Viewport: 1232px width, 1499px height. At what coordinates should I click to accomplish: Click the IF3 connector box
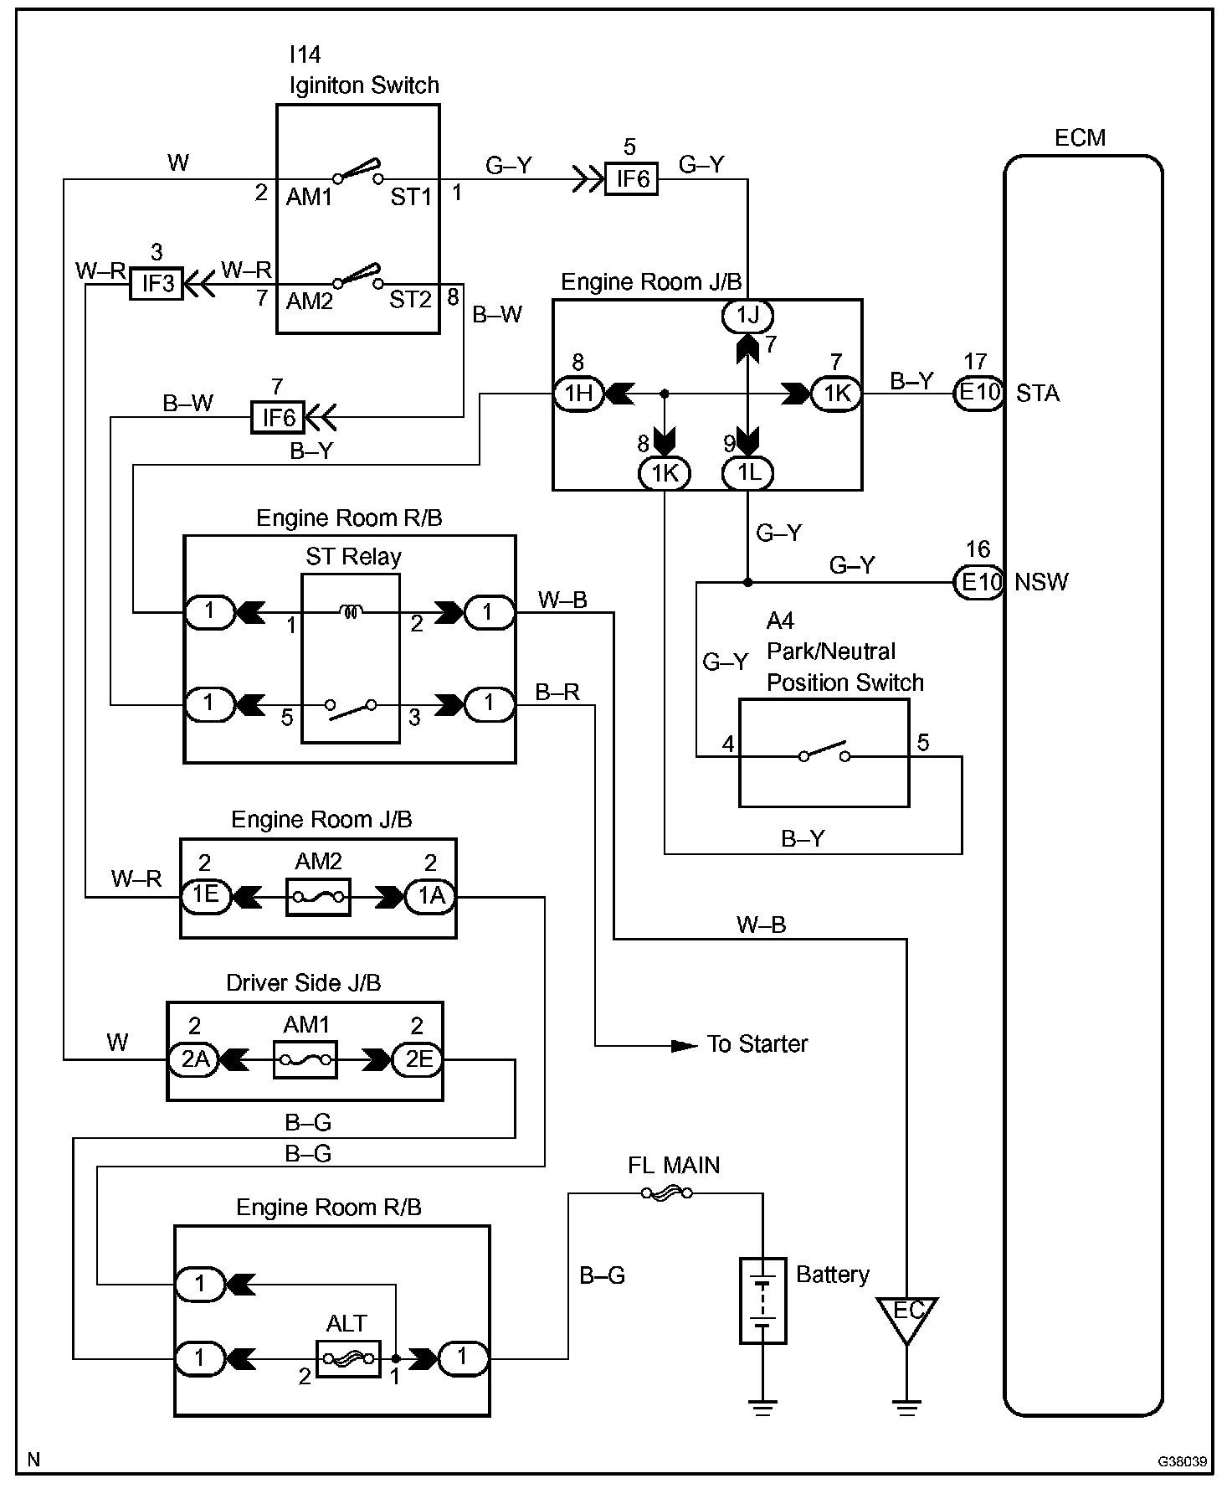157,284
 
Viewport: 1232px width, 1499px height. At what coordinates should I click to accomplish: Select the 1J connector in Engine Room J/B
747,316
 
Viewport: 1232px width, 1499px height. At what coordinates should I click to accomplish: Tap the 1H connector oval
579,393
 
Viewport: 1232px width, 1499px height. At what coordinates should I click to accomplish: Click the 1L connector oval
748,473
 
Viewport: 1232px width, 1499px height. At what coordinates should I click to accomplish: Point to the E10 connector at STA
979,393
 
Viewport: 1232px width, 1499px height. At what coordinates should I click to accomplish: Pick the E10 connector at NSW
979,582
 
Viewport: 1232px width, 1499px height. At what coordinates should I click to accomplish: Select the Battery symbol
762,1301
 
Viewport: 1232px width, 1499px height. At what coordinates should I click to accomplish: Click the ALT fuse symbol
348,1358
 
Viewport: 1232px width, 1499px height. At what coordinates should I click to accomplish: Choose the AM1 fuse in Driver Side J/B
305,1060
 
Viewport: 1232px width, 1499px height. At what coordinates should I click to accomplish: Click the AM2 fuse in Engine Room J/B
318,897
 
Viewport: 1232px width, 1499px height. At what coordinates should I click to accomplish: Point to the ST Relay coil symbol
352,612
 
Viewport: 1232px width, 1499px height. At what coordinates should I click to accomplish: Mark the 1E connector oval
206,896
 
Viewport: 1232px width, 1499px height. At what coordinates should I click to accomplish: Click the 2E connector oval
418,1060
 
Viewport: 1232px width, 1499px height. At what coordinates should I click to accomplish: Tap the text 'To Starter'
757,1044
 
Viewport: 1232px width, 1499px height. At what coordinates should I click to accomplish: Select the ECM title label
1080,137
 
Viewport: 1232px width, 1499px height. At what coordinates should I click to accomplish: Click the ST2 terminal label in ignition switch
410,300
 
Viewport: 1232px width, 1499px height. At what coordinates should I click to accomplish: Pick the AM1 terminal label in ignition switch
310,198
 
